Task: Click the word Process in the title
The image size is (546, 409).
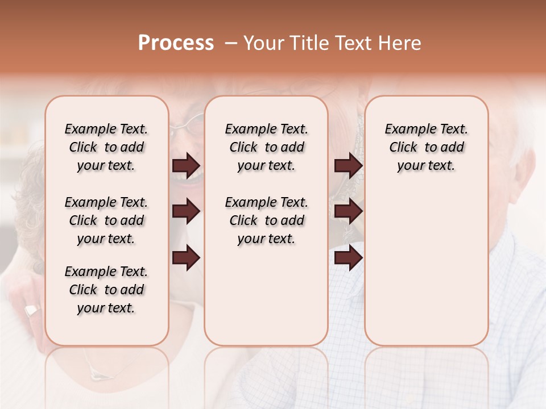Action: point(176,43)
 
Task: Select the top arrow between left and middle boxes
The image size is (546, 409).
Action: point(186,165)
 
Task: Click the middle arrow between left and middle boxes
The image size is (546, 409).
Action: point(186,212)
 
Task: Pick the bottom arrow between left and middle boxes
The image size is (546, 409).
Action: point(186,258)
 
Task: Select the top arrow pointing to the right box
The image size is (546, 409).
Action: point(348,165)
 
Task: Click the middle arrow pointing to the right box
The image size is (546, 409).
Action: point(348,212)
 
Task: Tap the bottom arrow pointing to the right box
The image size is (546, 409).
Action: point(348,258)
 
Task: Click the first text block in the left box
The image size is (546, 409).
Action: point(106,147)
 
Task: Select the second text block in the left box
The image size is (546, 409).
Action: point(106,220)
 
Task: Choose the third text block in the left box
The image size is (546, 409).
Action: point(106,290)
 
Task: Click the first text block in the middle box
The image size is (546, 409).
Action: point(266,147)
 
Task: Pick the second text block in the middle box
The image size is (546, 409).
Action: point(266,220)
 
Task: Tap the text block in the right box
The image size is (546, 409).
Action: point(426,147)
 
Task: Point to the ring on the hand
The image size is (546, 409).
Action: point(32,311)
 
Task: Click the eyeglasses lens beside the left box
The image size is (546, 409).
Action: point(192,124)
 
